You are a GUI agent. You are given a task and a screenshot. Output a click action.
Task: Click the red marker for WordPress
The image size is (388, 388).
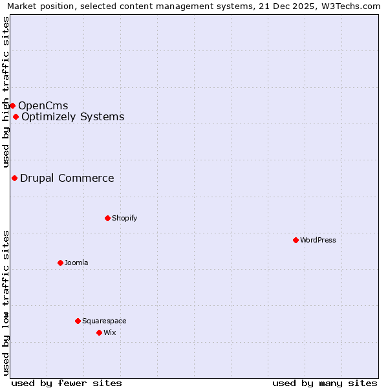point(296,240)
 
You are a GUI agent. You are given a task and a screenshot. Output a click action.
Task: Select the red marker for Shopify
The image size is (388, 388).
point(107,218)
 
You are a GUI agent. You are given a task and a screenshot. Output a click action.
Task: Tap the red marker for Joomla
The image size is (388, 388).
point(60,263)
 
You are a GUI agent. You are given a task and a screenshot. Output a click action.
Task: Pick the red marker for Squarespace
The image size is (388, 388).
point(78,321)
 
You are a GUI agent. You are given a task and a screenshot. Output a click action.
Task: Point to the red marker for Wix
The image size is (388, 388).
point(99,332)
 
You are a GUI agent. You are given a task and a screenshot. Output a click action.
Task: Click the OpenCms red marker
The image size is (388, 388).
point(12,105)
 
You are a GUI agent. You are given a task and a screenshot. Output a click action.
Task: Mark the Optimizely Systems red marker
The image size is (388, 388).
point(16,116)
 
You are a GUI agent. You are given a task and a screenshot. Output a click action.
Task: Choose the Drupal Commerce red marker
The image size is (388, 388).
point(14,178)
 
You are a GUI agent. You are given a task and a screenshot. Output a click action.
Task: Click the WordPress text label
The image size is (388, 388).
point(318,240)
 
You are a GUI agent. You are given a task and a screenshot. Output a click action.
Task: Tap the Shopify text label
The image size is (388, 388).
point(125,218)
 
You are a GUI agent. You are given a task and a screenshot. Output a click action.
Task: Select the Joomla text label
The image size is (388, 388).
point(76,263)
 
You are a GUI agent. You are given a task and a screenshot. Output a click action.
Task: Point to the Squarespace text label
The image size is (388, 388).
point(104,321)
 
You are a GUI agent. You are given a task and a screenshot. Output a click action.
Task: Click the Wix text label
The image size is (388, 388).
point(109,332)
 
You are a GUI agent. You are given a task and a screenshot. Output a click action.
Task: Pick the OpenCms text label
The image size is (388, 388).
point(43,105)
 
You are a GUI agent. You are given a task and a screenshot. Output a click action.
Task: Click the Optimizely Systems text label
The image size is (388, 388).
point(73,116)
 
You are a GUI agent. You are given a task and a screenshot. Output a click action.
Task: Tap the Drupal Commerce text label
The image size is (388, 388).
point(67,178)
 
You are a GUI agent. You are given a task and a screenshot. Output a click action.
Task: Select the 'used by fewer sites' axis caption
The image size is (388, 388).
point(67,383)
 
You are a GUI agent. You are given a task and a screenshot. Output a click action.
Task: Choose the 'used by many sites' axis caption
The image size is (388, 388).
point(325,383)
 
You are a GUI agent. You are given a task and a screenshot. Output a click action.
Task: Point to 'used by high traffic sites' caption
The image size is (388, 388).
point(6,92)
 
